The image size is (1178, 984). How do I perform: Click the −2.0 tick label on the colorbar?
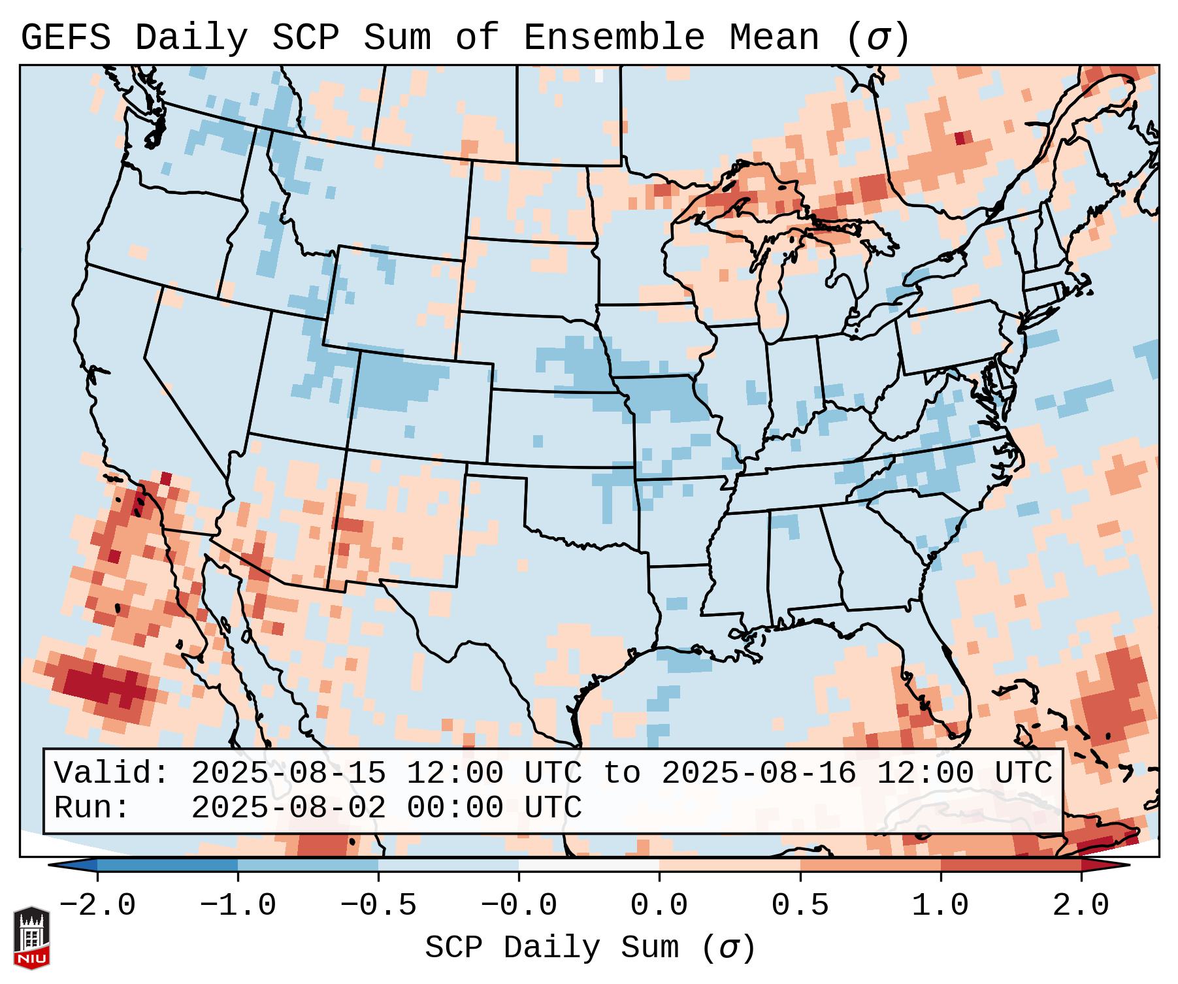click(97, 906)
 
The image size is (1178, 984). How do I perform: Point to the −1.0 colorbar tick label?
click(238, 906)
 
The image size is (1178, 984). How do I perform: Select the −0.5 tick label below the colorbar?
click(378, 906)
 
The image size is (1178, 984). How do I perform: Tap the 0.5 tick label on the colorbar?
click(800, 906)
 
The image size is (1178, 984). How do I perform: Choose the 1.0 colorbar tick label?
click(940, 906)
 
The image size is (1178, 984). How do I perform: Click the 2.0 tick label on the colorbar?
click(1081, 906)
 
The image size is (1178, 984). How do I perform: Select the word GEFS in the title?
click(65, 38)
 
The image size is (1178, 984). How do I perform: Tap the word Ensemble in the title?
click(614, 38)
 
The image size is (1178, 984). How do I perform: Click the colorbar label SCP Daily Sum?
click(552, 948)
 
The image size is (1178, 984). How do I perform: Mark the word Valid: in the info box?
click(112, 774)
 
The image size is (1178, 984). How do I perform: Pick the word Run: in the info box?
click(92, 808)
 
